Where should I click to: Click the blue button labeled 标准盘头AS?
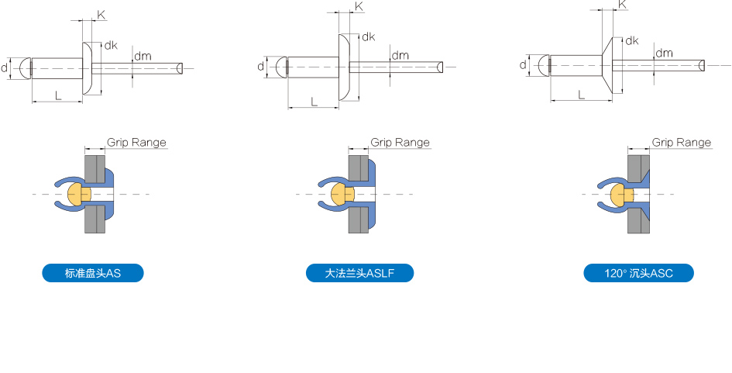pyautogui.click(x=93, y=273)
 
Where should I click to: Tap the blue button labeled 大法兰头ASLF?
pyautogui.click(x=359, y=273)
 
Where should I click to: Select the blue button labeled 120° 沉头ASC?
pyautogui.click(x=638, y=273)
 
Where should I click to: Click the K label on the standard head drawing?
pyautogui.click(x=101, y=15)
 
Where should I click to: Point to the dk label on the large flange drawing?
pyautogui.click(x=369, y=36)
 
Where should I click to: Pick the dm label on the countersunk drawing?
pyautogui.click(x=664, y=53)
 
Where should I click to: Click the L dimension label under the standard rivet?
pyautogui.click(x=58, y=96)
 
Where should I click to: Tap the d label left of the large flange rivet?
pyautogui.click(x=260, y=67)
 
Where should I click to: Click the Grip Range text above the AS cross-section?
pyautogui.click(x=136, y=142)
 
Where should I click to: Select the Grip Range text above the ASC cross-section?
pyautogui.click(x=681, y=142)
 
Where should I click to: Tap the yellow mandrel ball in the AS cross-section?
pyautogui.click(x=78, y=194)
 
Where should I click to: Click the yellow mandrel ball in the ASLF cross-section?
pyautogui.click(x=342, y=194)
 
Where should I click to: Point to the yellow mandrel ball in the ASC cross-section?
pyautogui.click(x=622, y=195)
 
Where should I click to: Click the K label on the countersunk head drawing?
pyautogui.click(x=622, y=5)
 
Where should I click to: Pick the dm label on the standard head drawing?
pyautogui.click(x=143, y=56)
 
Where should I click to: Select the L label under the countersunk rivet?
pyautogui.click(x=581, y=95)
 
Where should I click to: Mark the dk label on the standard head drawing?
pyautogui.click(x=111, y=45)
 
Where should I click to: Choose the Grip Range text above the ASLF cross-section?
pyautogui.click(x=400, y=142)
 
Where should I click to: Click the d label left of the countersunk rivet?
pyautogui.click(x=523, y=64)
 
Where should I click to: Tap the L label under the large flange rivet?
pyautogui.click(x=314, y=102)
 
